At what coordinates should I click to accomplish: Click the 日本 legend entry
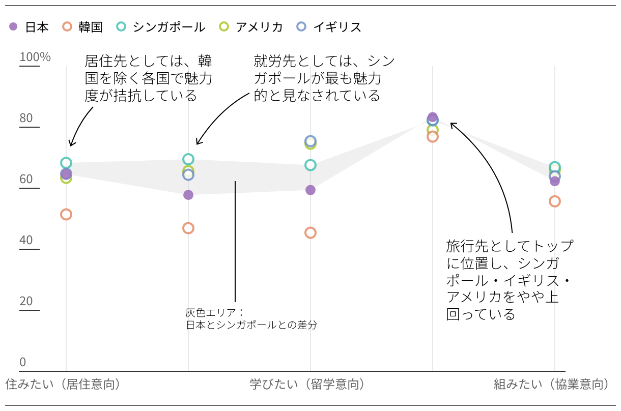click(x=30, y=27)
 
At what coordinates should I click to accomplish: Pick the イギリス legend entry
click(x=329, y=27)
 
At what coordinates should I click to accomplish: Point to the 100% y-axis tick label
click(x=35, y=57)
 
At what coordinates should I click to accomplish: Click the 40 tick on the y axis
click(x=26, y=240)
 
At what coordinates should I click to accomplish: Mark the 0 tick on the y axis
click(x=22, y=362)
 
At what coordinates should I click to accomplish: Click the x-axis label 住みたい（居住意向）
click(x=63, y=384)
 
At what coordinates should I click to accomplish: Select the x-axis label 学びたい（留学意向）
click(x=307, y=384)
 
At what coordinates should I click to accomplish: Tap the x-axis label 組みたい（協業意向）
click(x=552, y=384)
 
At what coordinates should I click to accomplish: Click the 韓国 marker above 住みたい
click(x=66, y=214)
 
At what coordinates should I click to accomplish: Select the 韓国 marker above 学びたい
click(x=310, y=232)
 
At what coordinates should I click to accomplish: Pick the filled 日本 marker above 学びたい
click(x=310, y=190)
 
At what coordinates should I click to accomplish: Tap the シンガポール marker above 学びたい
click(x=310, y=165)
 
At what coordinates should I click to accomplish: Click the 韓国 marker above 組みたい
click(x=554, y=201)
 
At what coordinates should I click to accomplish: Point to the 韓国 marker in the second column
click(x=188, y=228)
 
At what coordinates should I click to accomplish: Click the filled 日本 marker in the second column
click(x=188, y=195)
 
